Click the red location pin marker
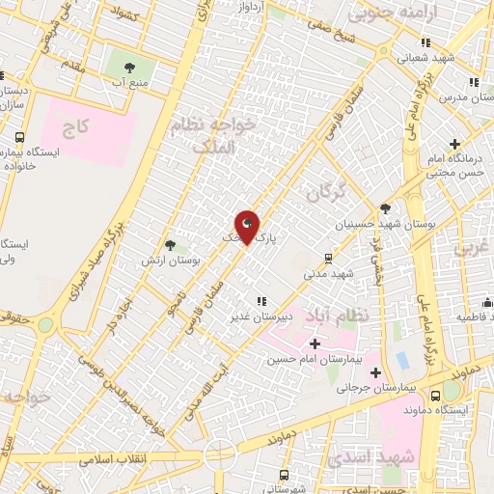(x=248, y=226)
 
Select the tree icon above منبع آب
(x=128, y=68)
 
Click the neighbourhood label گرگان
(x=325, y=193)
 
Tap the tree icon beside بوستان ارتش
(x=170, y=246)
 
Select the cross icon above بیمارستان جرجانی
(x=376, y=373)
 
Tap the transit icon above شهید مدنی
(x=329, y=258)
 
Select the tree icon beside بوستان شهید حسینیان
(x=386, y=207)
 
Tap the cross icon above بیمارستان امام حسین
(x=315, y=343)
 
